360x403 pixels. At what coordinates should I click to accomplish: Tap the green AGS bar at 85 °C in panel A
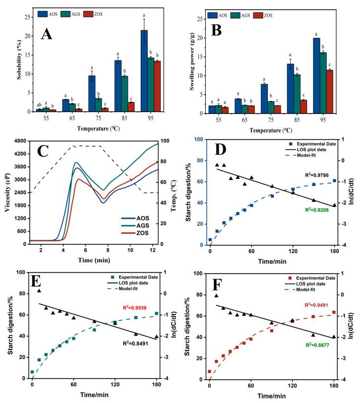point(125,94)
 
